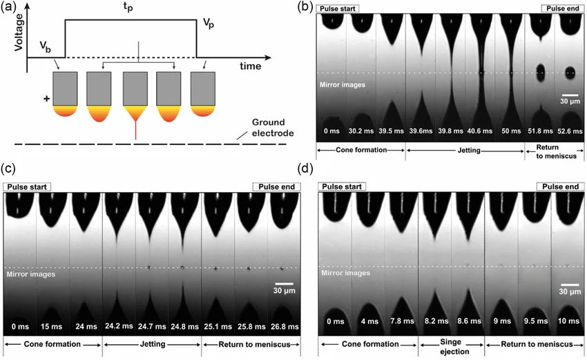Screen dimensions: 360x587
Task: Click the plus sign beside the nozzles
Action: tap(47, 100)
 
